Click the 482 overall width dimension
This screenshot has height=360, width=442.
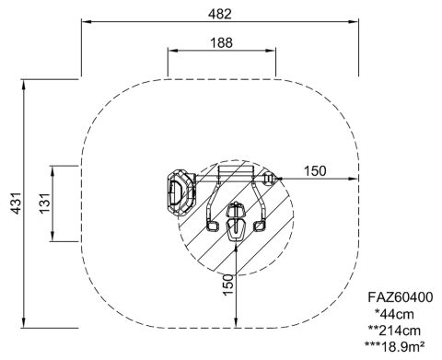(220, 14)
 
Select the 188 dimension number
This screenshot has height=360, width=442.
(221, 42)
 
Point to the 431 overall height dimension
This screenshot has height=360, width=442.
(16, 203)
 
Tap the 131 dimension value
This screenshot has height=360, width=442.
(44, 203)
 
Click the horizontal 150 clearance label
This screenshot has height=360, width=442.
(315, 171)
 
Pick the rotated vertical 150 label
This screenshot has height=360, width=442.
(228, 285)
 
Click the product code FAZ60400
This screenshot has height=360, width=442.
(401, 297)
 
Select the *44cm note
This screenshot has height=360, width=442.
(394, 314)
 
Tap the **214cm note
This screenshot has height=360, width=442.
(394, 331)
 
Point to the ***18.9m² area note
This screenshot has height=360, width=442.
(395, 347)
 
